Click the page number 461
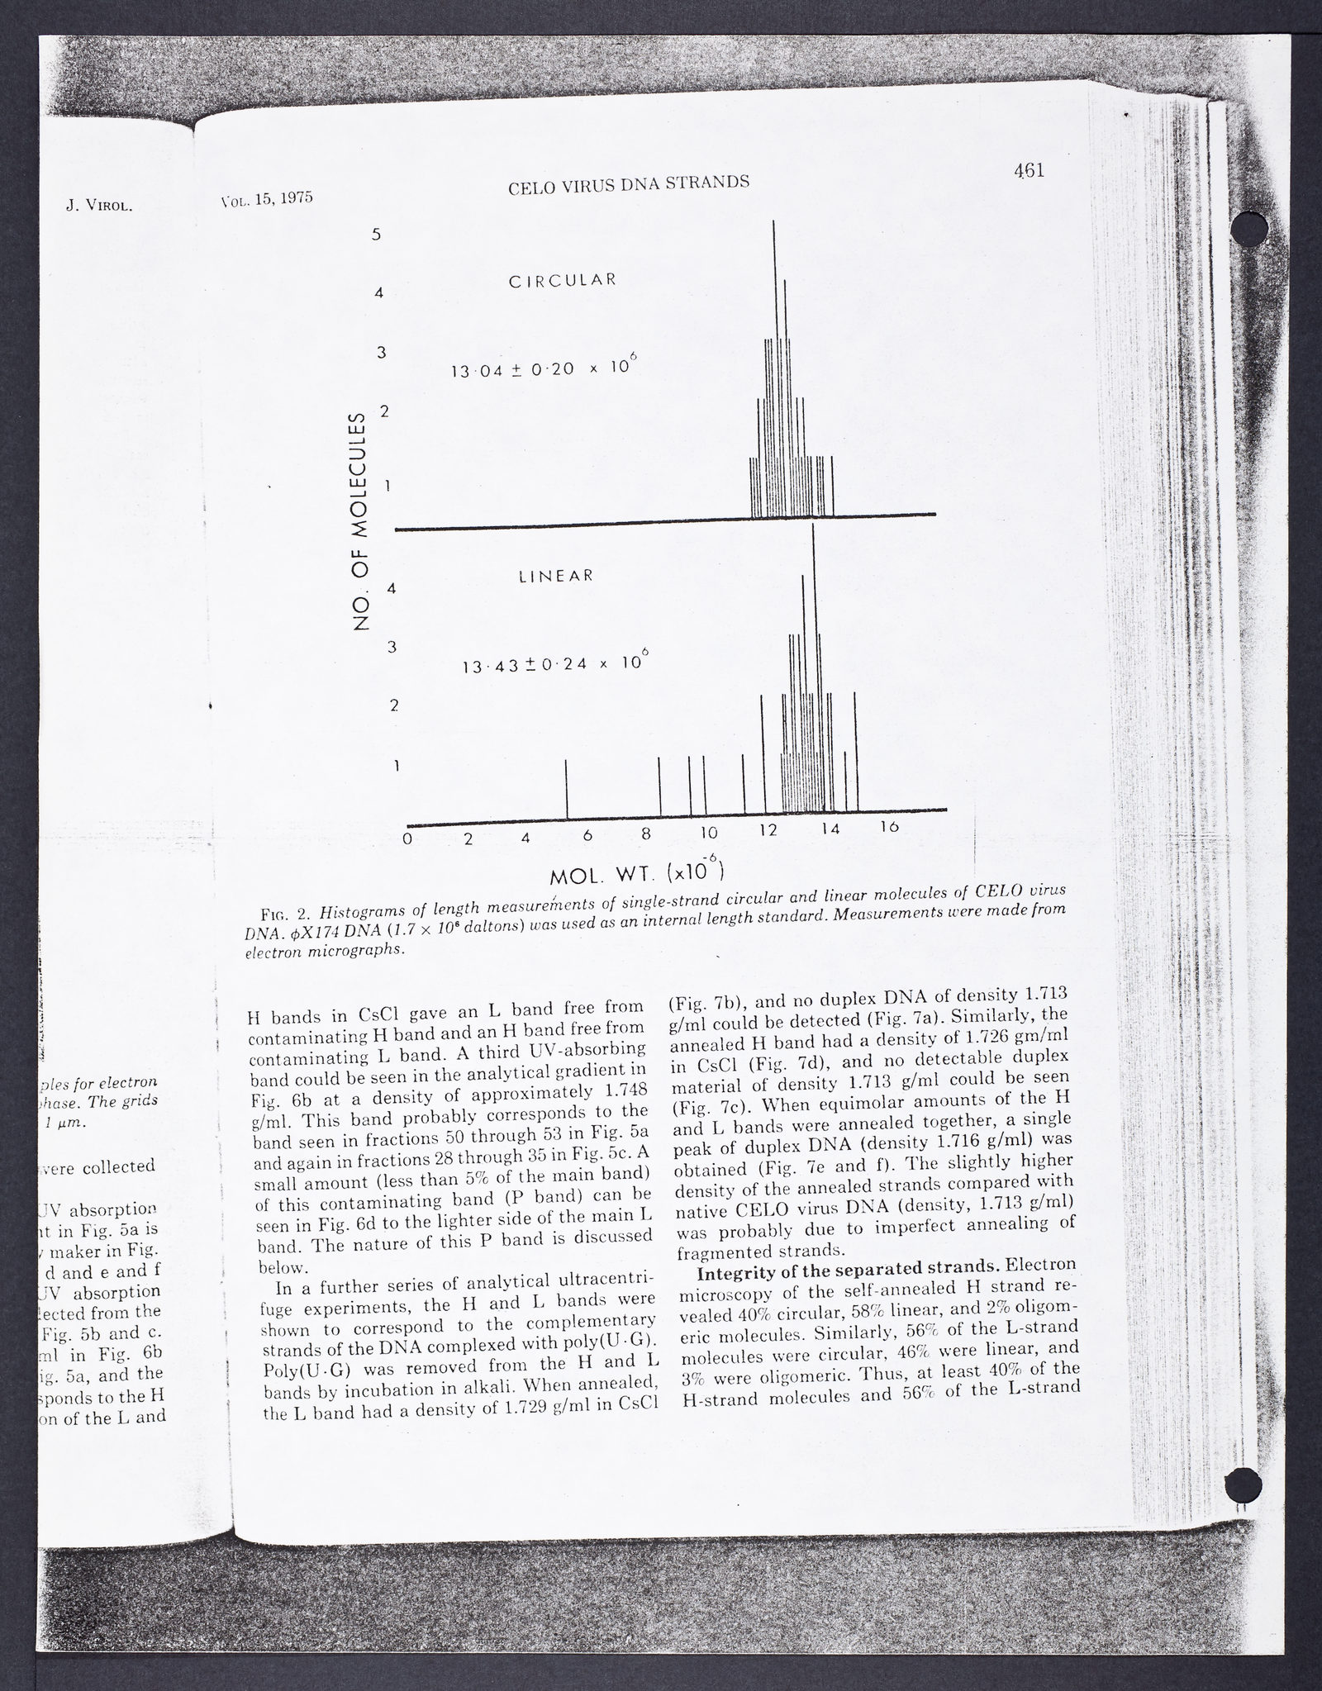click(x=1029, y=171)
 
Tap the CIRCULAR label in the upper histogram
click(x=562, y=279)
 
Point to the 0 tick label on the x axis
click(x=407, y=839)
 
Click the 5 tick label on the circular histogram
click(x=376, y=234)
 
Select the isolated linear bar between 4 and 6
click(x=567, y=791)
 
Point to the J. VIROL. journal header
click(x=99, y=206)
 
